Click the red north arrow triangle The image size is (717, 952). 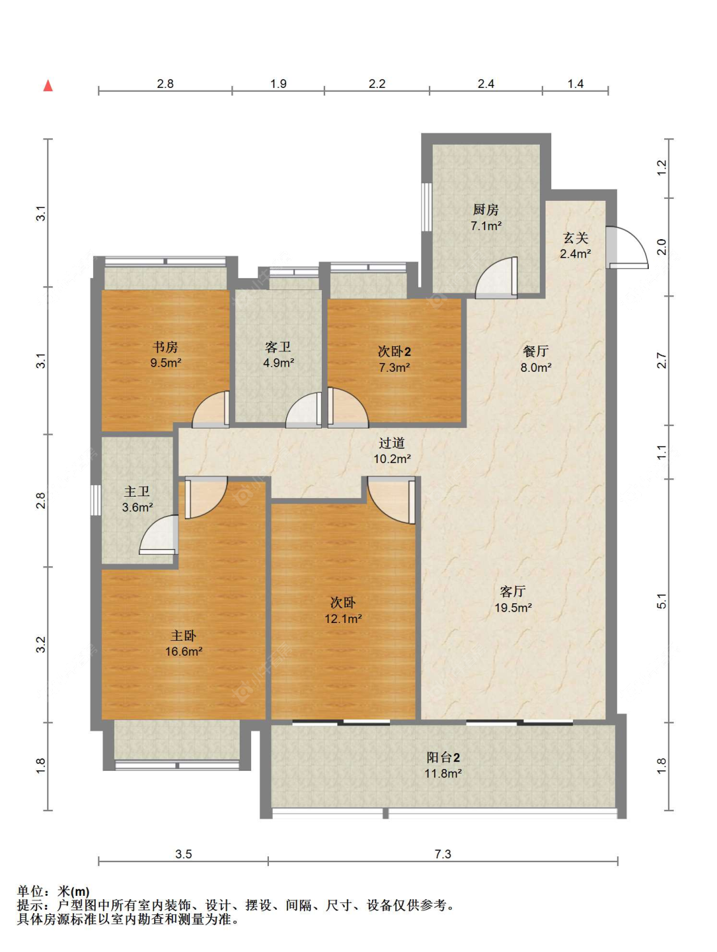tap(48, 85)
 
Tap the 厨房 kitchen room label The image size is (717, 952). tap(486, 210)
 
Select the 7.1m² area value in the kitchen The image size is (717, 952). tap(486, 226)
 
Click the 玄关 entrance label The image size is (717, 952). tap(576, 238)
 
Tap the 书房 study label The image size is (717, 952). tap(164, 347)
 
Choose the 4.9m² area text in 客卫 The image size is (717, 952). tap(279, 363)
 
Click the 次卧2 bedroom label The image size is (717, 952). tap(394, 351)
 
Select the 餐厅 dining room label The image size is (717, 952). tap(536, 351)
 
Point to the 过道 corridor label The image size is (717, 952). tap(392, 443)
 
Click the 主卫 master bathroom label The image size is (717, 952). tap(137, 492)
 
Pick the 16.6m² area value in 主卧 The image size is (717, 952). tap(184, 651)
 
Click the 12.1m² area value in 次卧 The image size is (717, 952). tap(344, 619)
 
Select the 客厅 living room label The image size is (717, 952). tap(513, 591)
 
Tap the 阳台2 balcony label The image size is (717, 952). tap(443, 758)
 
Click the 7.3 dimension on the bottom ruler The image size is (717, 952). tap(443, 854)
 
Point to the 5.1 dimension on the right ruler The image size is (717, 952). tap(662, 601)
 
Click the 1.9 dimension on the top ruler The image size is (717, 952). tap(279, 84)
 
